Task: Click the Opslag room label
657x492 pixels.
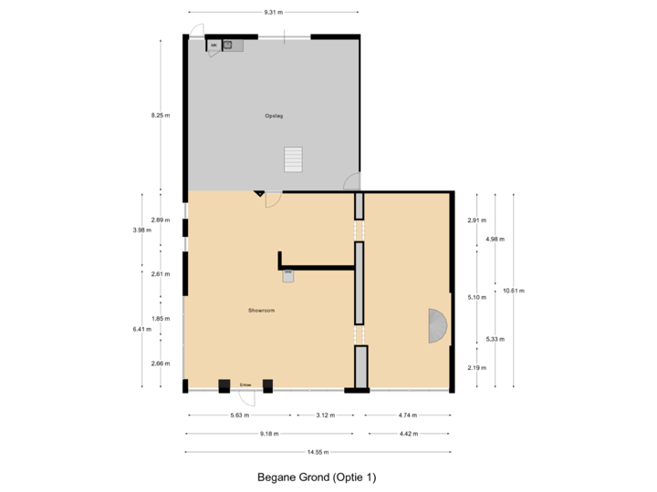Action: (274, 116)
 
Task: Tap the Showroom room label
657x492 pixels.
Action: (262, 311)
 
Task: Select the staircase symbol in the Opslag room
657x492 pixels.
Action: (293, 159)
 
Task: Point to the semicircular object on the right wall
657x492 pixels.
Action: (438, 325)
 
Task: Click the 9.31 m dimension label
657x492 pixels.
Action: (274, 12)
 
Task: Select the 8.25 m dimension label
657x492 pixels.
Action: (161, 116)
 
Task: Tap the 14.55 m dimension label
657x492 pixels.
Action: (318, 452)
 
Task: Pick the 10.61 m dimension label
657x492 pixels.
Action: (515, 291)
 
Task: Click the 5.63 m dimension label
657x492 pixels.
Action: (239, 415)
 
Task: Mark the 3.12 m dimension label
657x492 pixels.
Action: (326, 415)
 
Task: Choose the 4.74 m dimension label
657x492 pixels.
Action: (409, 415)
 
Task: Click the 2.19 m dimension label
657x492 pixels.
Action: (476, 367)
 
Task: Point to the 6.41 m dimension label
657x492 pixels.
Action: (141, 329)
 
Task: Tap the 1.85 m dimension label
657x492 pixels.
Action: (161, 318)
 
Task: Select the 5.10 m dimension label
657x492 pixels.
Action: (476, 297)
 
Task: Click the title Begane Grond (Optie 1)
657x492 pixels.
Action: (317, 477)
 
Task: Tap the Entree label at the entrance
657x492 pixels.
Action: (245, 385)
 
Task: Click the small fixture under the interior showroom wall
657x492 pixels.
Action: (288, 276)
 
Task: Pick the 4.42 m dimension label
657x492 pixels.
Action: (409, 434)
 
